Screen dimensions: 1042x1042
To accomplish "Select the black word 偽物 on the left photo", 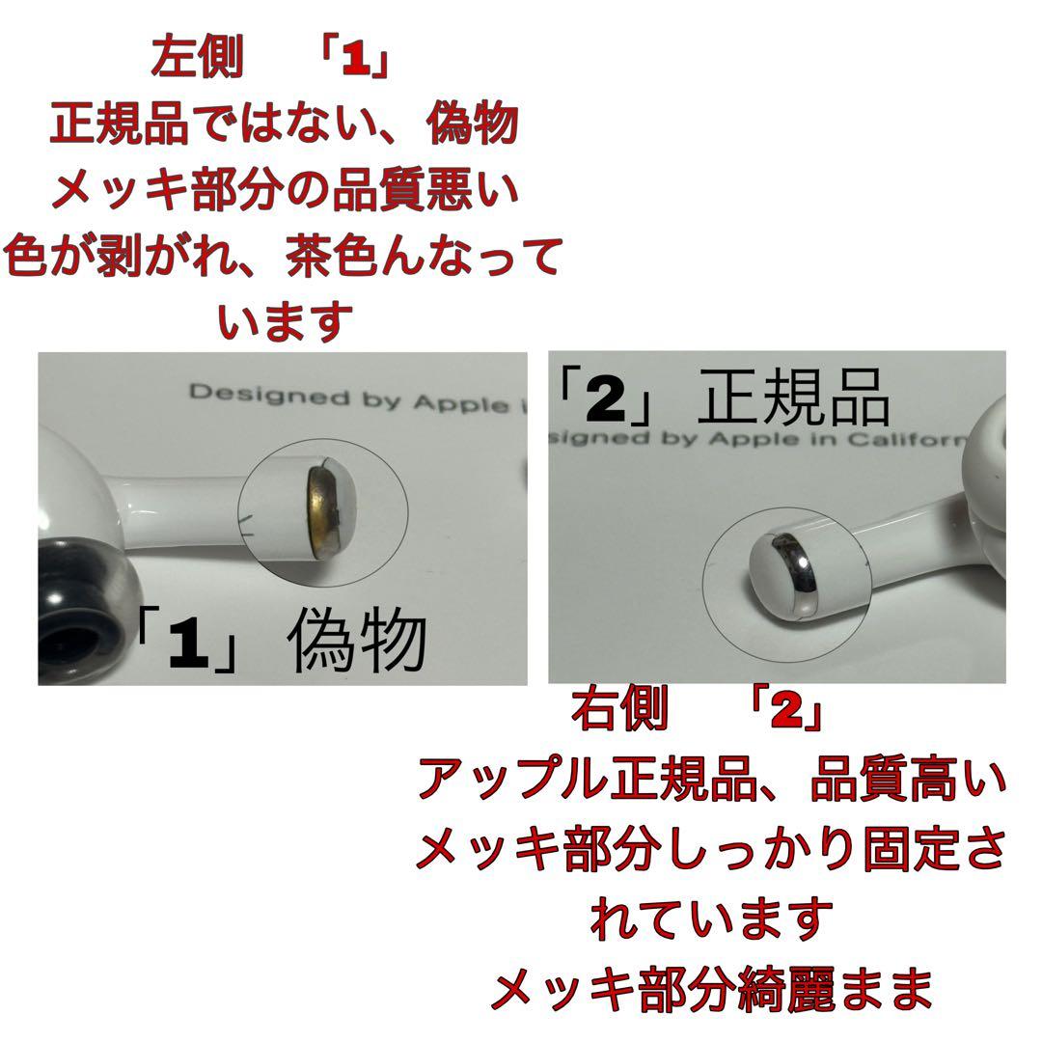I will [358, 642].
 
